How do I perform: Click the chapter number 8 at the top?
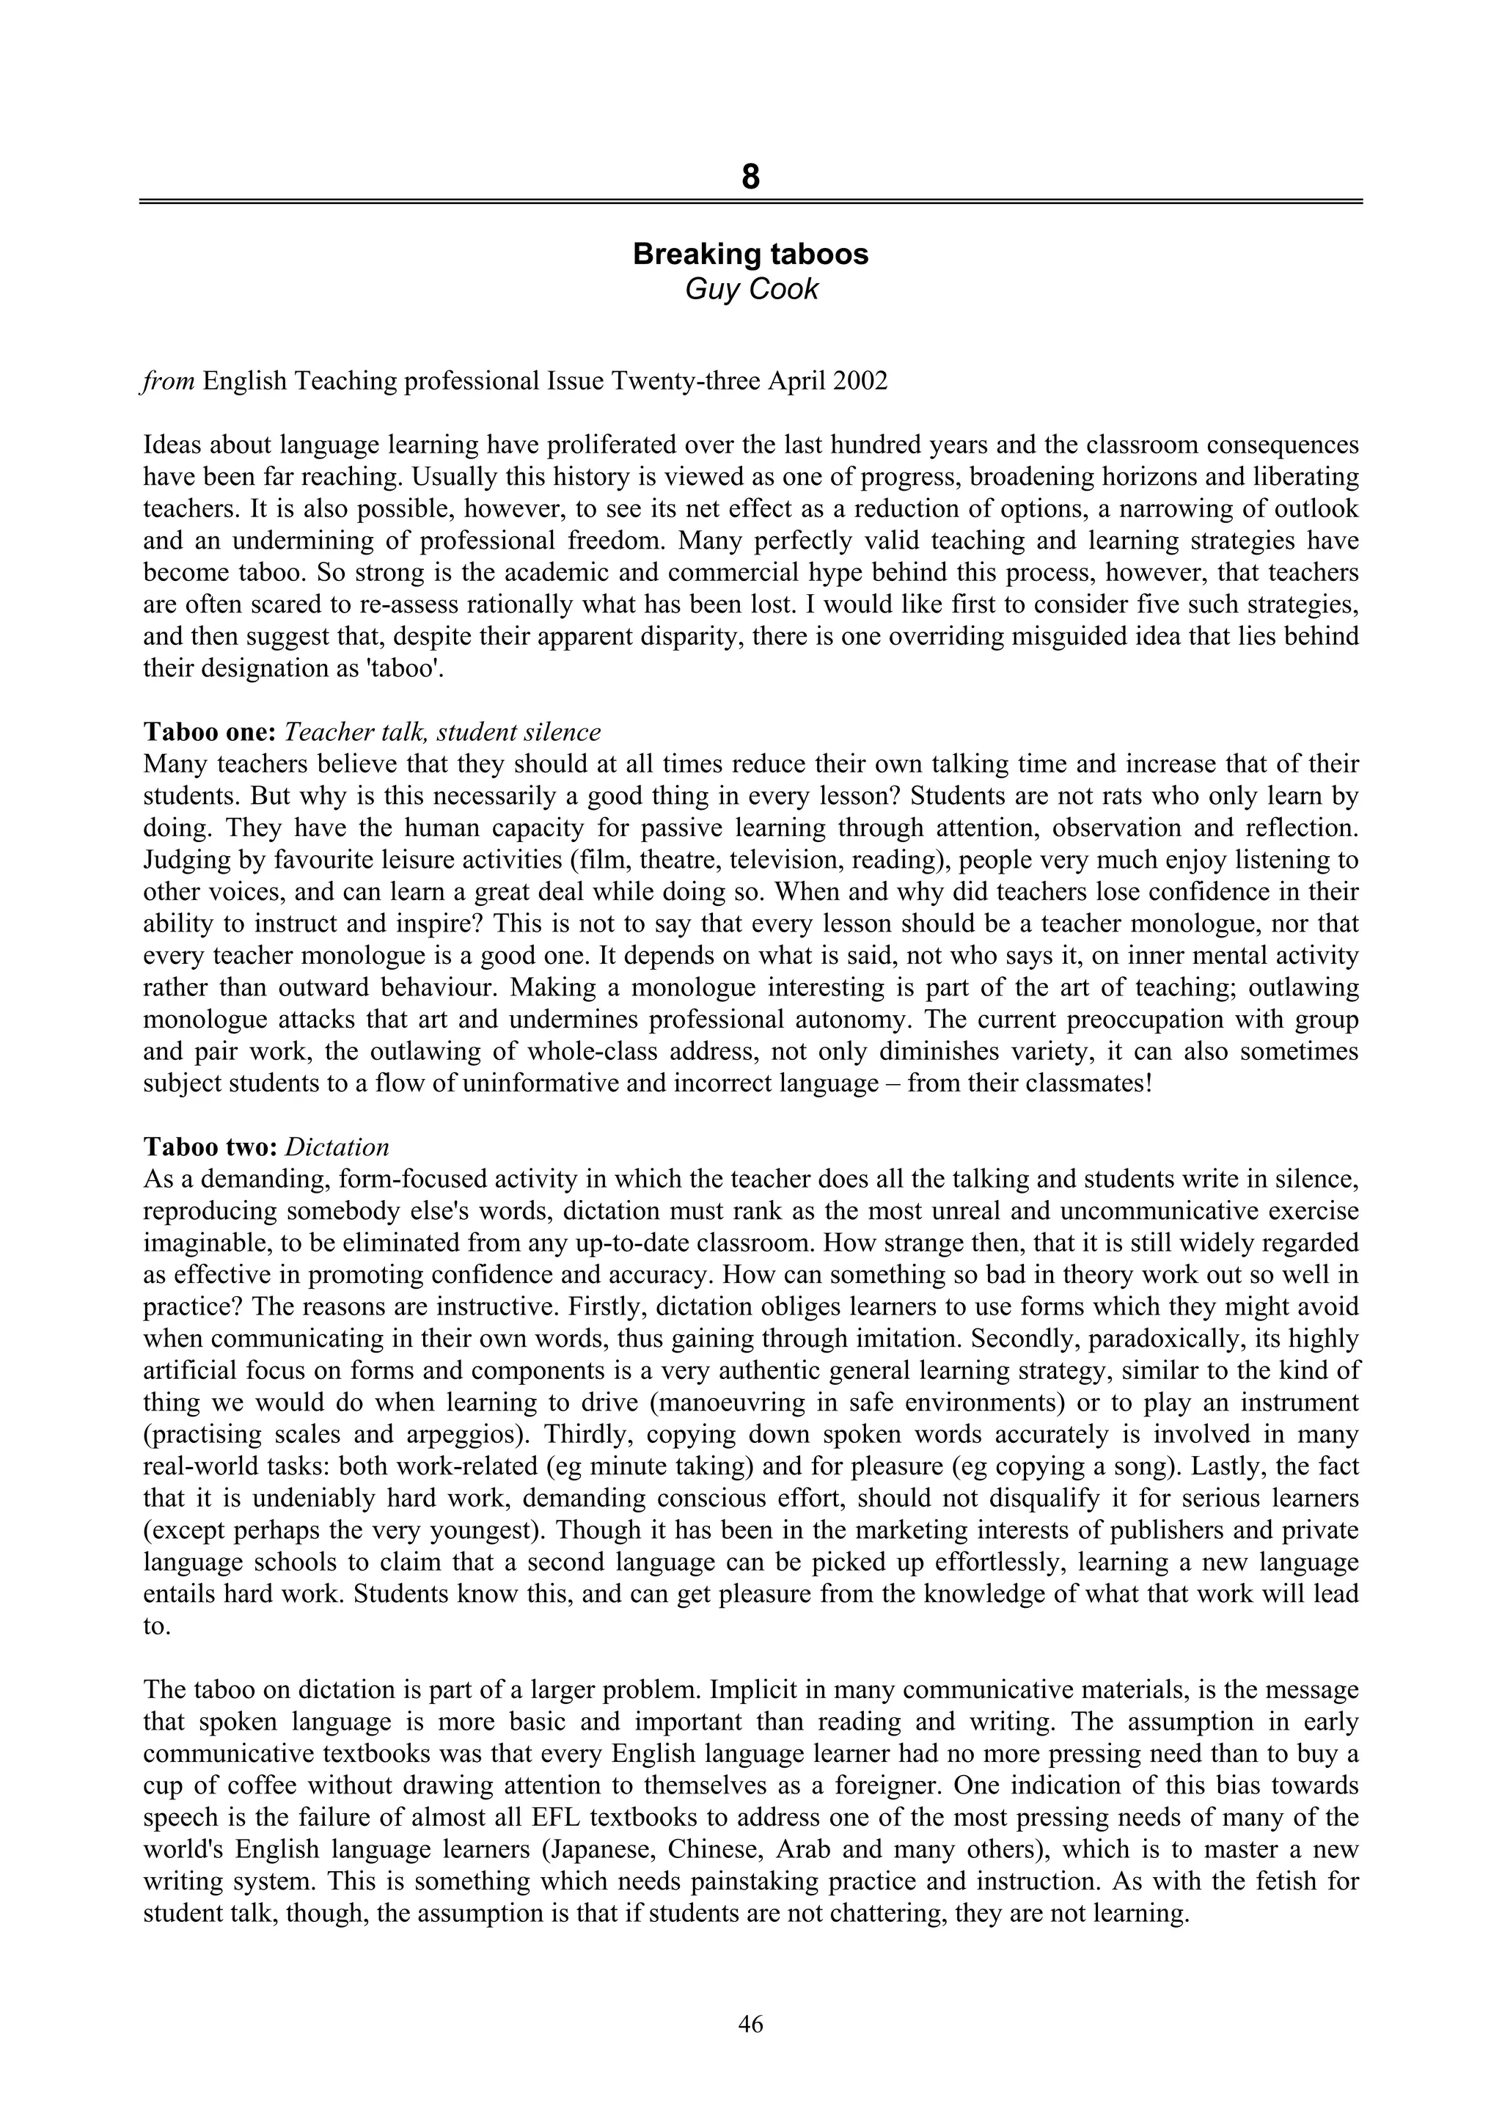[x=750, y=176]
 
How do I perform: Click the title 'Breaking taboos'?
[x=750, y=254]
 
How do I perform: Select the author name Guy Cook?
[x=750, y=289]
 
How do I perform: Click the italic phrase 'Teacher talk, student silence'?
[x=442, y=732]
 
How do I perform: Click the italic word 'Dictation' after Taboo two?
[x=337, y=1146]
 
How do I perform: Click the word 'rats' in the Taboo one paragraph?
[x=1127, y=796]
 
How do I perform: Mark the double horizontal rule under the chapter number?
[x=750, y=201]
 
